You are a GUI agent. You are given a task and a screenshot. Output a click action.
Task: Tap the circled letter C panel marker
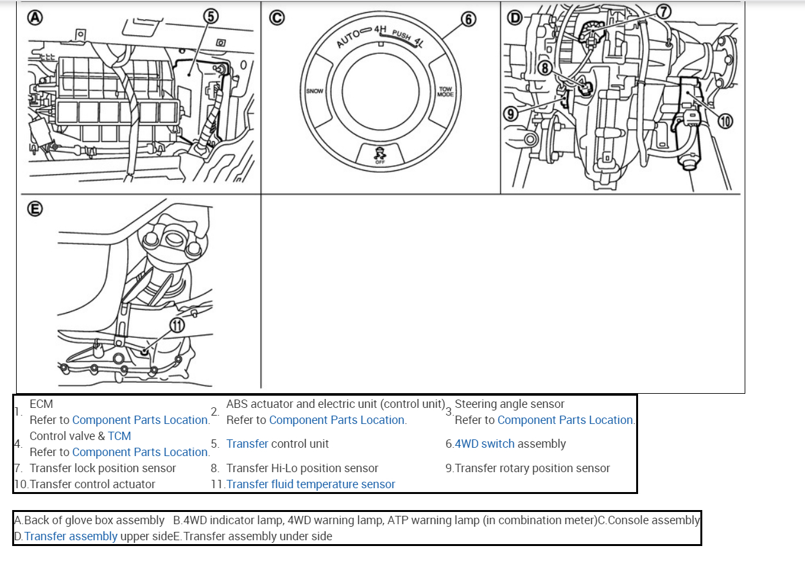pos(277,18)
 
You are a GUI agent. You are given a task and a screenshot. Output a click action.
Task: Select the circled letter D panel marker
pos(515,18)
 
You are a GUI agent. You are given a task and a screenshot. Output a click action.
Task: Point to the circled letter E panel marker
pos(35,209)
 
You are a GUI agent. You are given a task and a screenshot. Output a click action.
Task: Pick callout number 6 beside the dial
pos(469,20)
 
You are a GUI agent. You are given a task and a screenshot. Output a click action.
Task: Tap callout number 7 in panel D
pos(664,11)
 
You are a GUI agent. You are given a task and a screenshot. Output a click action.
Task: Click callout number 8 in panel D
pos(546,67)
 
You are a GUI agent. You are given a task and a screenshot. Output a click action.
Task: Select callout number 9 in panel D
pos(511,114)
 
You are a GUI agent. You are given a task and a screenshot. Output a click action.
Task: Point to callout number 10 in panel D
pos(725,121)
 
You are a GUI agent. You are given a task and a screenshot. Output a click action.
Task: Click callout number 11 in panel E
pos(177,325)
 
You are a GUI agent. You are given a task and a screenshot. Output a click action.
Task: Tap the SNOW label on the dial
pos(315,91)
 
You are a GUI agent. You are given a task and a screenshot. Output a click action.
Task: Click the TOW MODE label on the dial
pos(446,92)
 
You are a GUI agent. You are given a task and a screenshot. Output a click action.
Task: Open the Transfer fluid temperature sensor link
pos(311,484)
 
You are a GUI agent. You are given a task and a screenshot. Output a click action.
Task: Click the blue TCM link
pos(119,436)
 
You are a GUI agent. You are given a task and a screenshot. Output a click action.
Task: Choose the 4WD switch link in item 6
pos(485,444)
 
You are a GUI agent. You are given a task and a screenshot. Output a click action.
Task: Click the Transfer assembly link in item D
pos(71,536)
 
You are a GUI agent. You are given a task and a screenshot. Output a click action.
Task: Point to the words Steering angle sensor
pos(509,404)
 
